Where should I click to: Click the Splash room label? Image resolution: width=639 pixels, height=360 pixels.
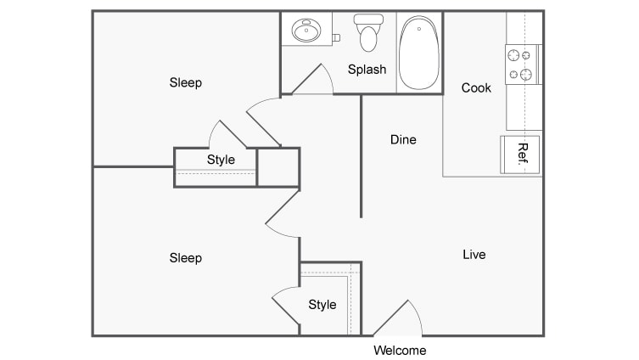coord(367,70)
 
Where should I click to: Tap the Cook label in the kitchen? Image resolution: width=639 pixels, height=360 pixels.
coord(476,87)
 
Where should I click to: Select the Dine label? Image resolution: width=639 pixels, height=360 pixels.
coord(403,139)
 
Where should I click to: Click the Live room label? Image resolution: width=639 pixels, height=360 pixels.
coord(474,254)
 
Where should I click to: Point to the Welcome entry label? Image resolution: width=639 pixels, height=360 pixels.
coord(400,350)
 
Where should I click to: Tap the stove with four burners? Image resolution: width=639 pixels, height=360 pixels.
coord(523,65)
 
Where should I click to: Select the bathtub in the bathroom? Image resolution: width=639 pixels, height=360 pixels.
coord(419,53)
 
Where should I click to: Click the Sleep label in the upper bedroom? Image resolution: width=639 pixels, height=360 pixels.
coord(186,82)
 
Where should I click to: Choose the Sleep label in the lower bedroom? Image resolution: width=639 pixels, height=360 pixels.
coord(186,257)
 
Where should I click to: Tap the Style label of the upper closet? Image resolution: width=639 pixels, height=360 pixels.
coord(221,159)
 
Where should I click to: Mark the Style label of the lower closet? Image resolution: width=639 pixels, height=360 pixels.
coord(322,304)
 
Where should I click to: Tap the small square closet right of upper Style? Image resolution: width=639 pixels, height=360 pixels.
coord(278,167)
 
